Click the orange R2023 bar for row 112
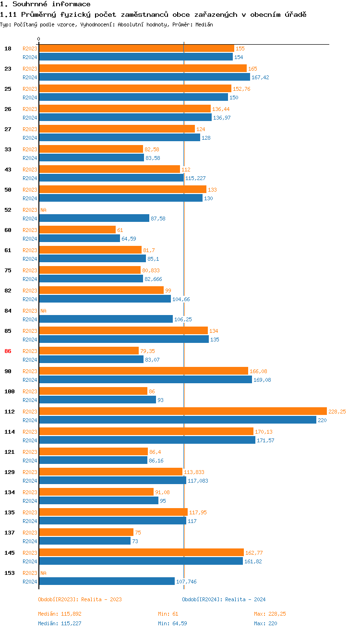point(182,411)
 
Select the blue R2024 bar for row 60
point(79,238)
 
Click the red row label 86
point(8,351)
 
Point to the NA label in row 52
point(43,210)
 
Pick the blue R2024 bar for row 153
point(107,581)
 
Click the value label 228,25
point(337,412)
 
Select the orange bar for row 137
point(86,532)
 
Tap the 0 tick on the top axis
point(39,39)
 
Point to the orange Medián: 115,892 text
point(63,614)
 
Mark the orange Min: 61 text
point(168,614)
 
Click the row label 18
point(8,49)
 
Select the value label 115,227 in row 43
point(195,178)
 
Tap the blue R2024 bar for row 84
point(106,319)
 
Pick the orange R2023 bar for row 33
point(91,149)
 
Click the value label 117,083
point(198,481)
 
